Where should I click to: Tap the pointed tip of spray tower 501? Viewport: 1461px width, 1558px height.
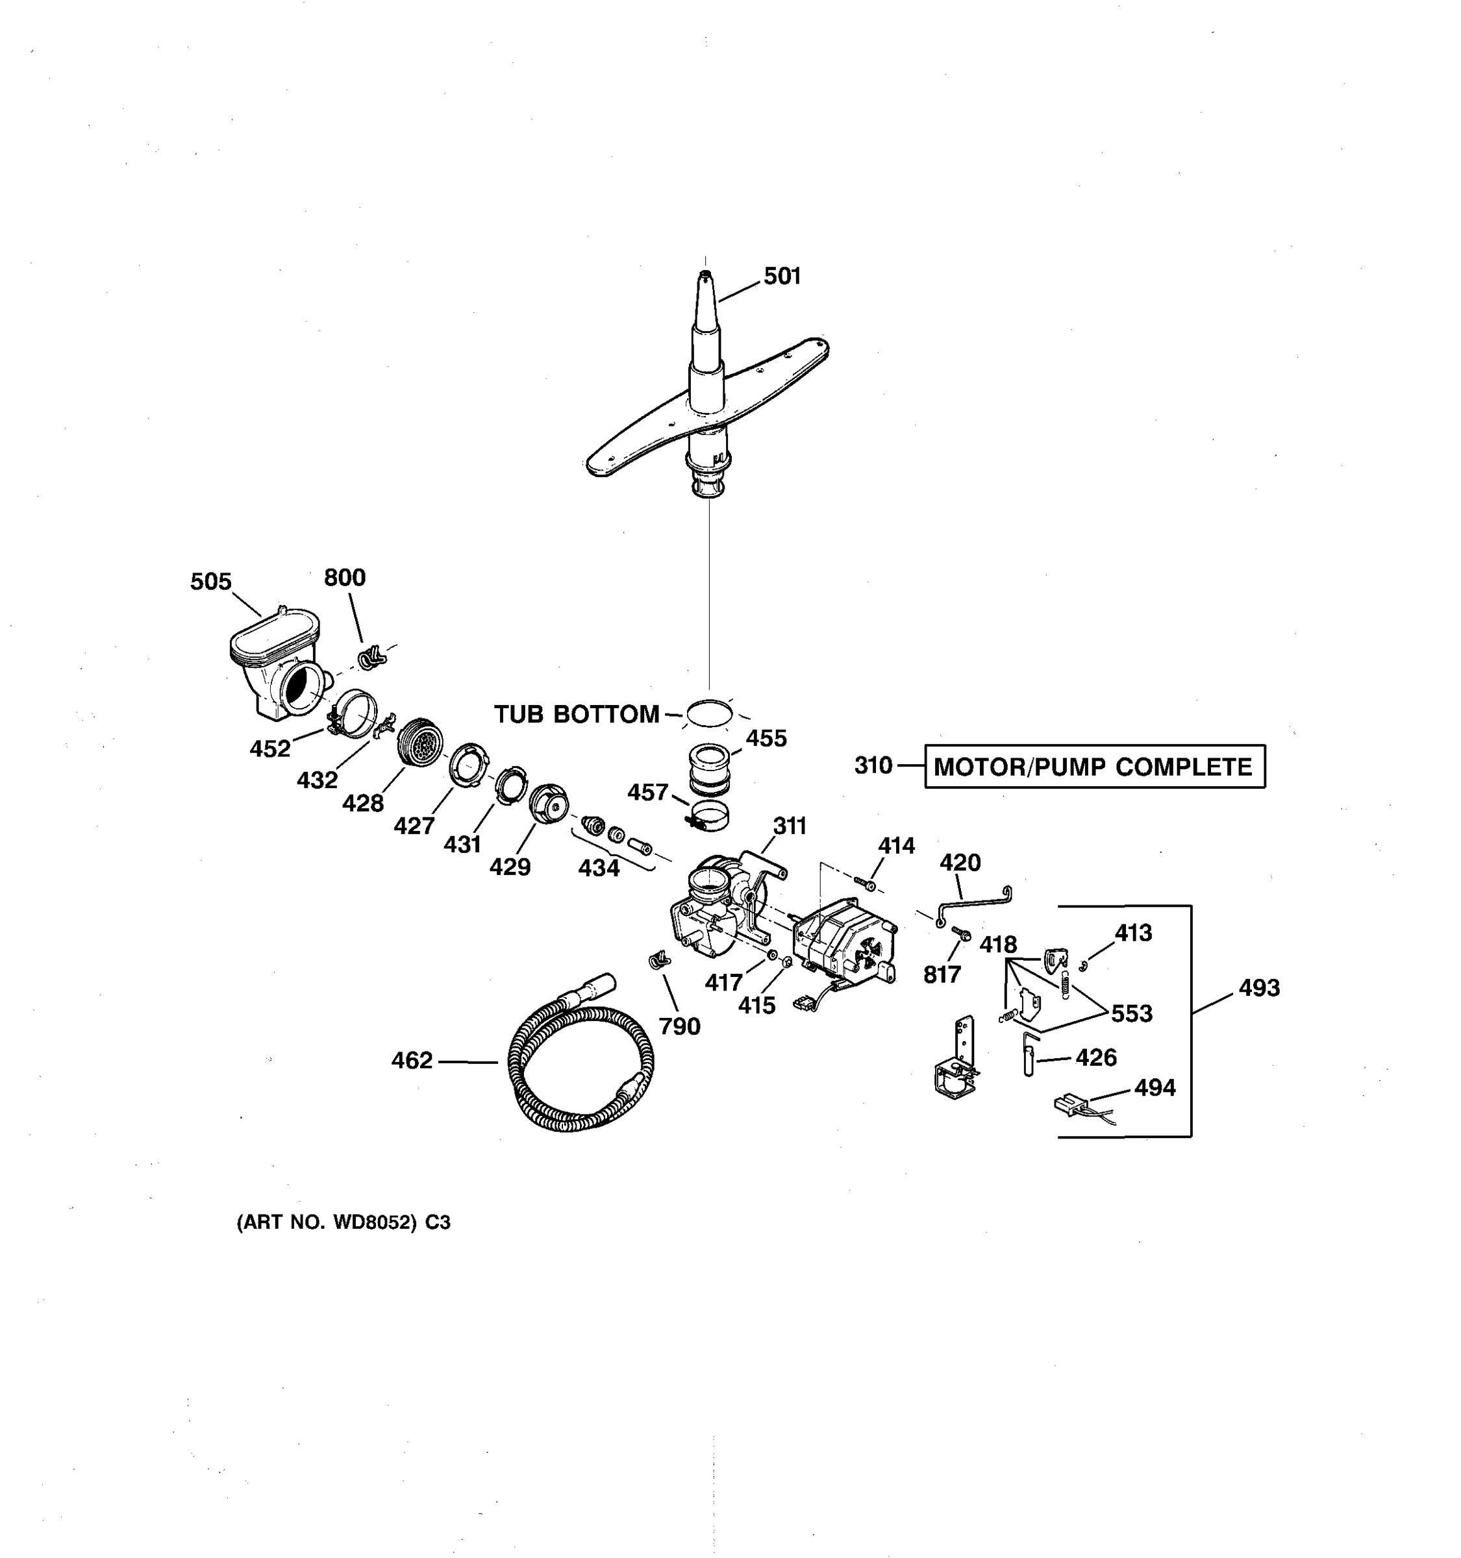pos(704,275)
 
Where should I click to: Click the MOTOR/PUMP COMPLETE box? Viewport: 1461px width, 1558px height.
pos(1093,767)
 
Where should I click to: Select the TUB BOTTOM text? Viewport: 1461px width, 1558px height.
pos(576,714)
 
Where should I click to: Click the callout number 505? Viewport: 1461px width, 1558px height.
pos(211,582)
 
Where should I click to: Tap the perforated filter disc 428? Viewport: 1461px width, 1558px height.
pos(420,741)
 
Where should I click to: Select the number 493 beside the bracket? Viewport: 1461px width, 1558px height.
pos(1259,988)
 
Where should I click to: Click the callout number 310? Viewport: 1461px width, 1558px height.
pos(873,765)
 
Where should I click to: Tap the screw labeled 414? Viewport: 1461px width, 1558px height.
pos(866,884)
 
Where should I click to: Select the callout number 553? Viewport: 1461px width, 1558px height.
pos(1132,1014)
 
